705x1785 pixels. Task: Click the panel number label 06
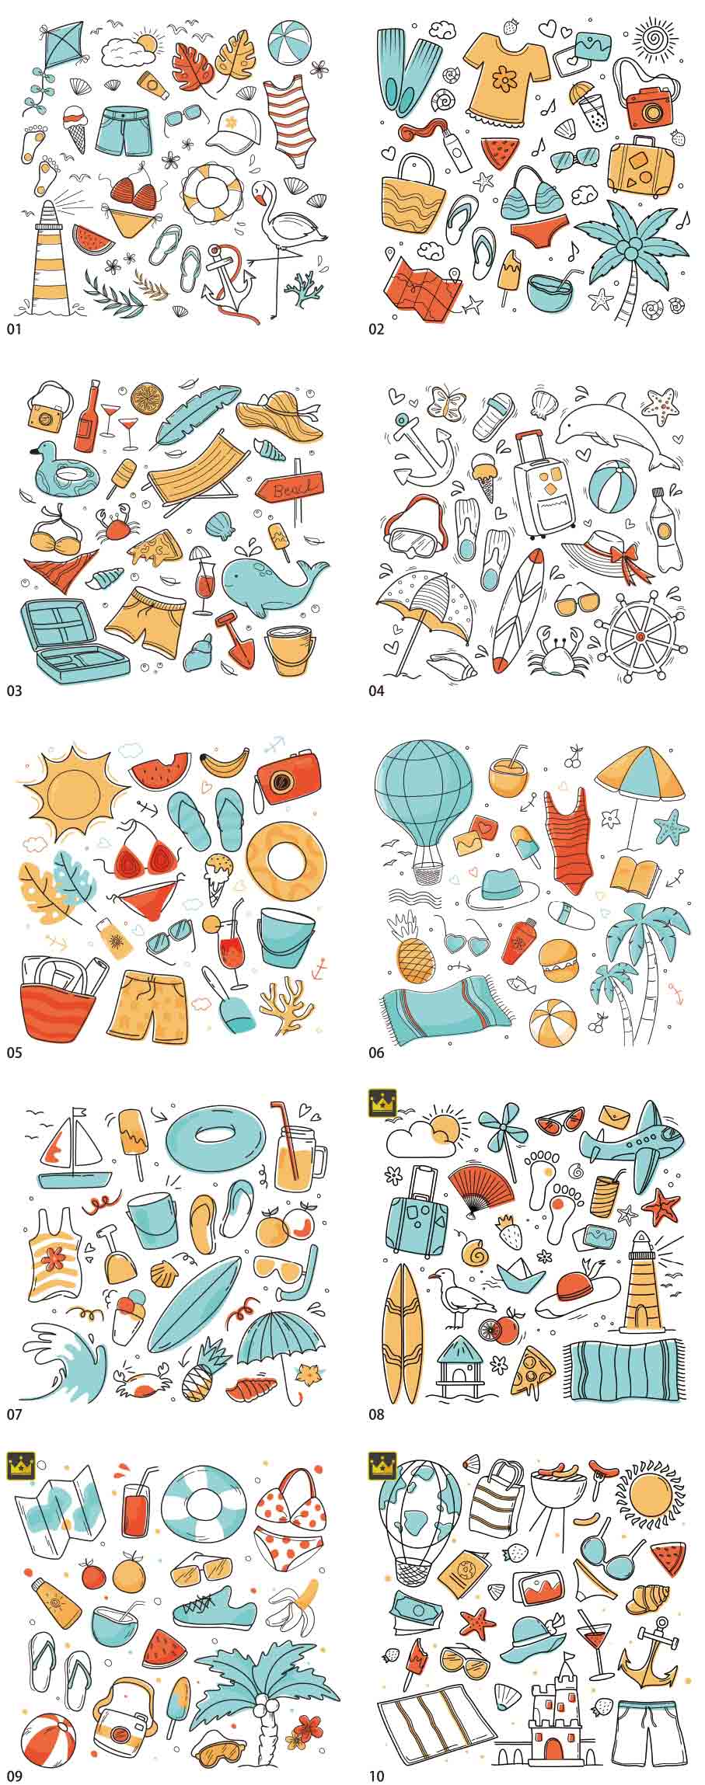(376, 1053)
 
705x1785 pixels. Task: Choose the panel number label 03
(15, 691)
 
